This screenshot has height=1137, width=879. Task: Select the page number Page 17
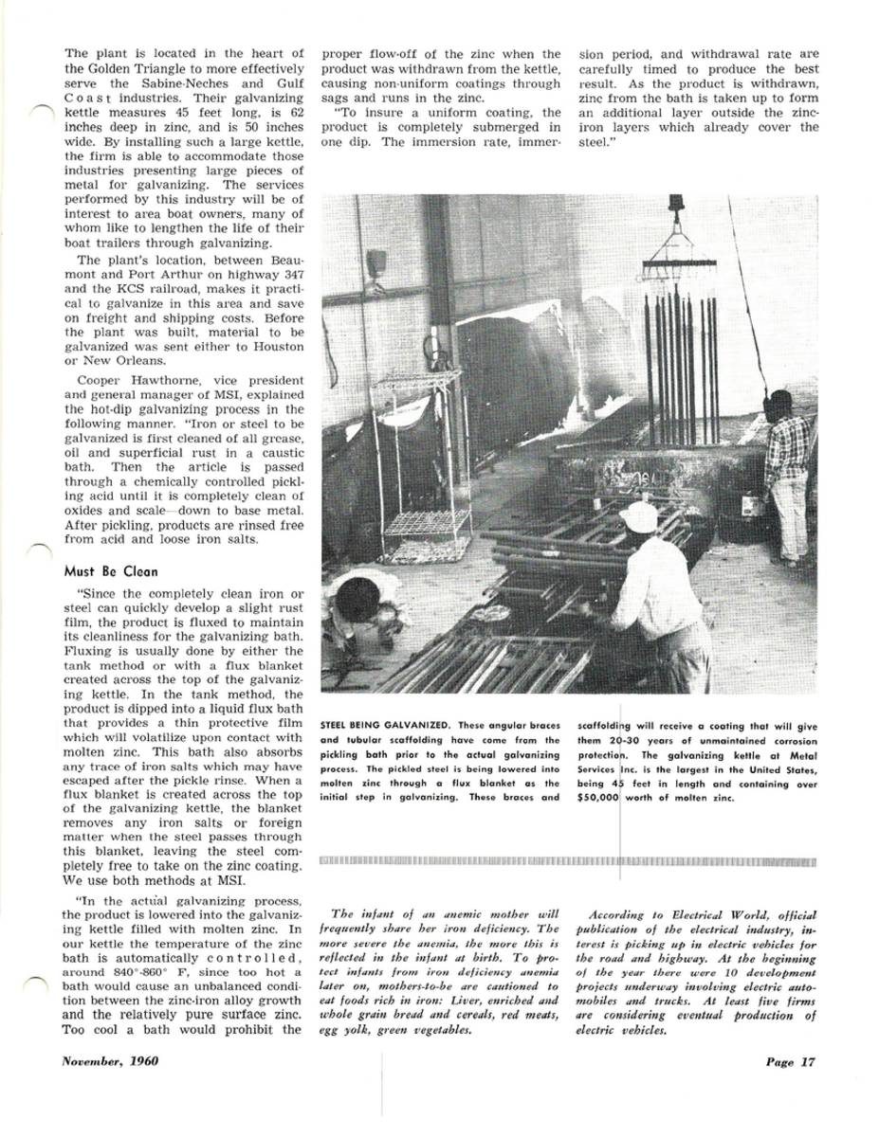pyautogui.click(x=790, y=1061)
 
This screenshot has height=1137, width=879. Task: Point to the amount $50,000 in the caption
pyautogui.click(x=597, y=798)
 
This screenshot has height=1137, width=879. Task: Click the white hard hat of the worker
pyautogui.click(x=639, y=516)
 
